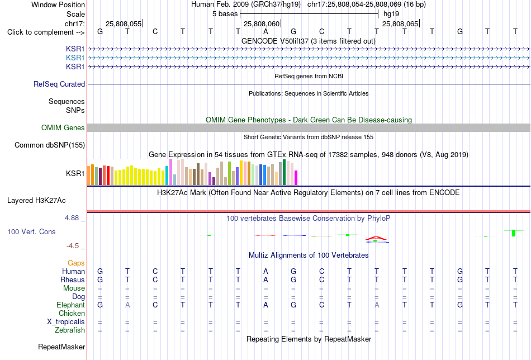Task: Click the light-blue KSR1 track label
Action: [x=75, y=58]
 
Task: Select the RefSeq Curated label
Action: [x=59, y=84]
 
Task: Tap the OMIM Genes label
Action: [x=63, y=127]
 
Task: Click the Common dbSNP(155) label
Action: [x=50, y=145]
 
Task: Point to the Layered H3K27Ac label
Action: [x=36, y=201]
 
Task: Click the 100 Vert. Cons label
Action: [x=31, y=231]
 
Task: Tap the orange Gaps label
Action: [x=76, y=263]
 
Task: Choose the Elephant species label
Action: [x=71, y=305]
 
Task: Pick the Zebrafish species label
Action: [x=70, y=330]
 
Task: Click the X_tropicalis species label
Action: [x=66, y=322]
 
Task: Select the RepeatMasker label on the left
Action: [x=61, y=347]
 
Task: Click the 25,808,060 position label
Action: [x=262, y=23]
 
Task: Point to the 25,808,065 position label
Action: [x=400, y=23]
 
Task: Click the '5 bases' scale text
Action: [x=225, y=14]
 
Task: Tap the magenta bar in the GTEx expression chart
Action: [x=296, y=178]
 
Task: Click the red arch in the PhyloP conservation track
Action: [x=376, y=238]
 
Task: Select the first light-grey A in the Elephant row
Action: [x=127, y=305]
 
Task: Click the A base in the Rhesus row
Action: [x=266, y=280]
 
